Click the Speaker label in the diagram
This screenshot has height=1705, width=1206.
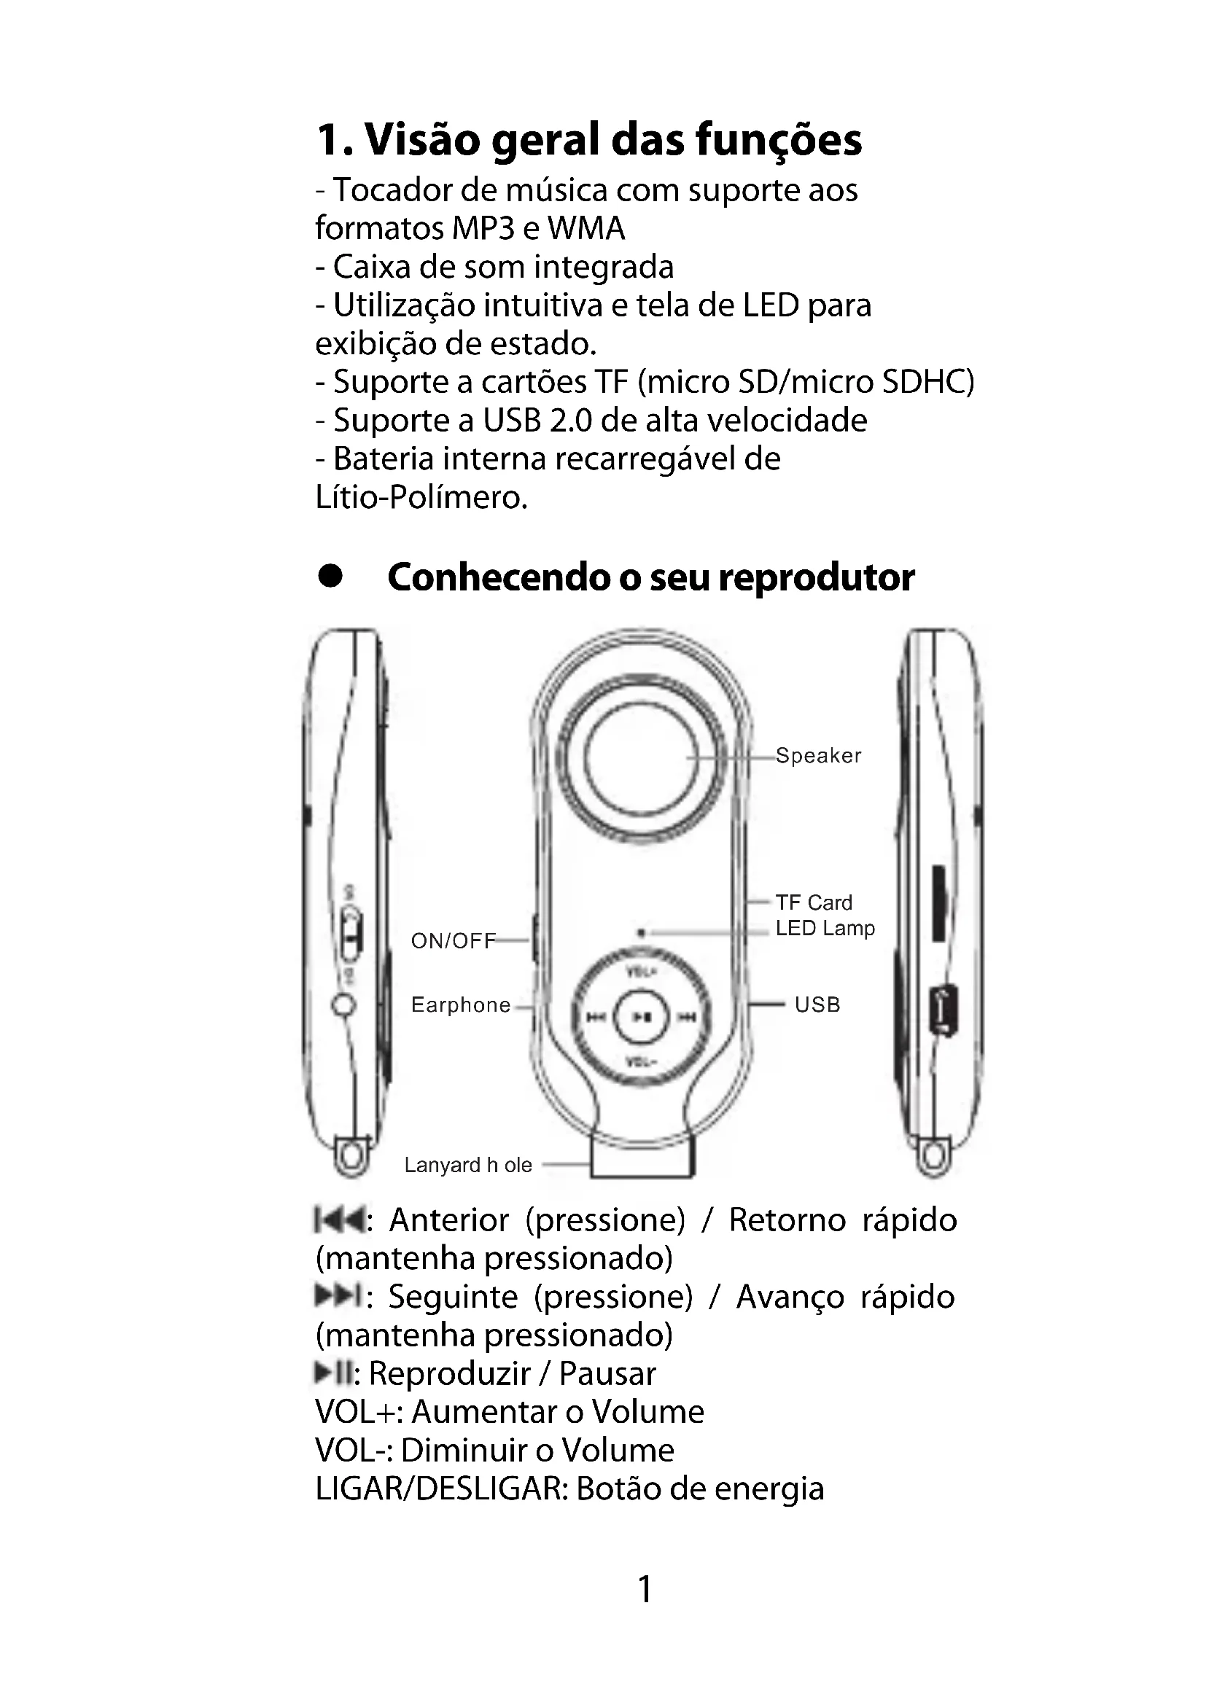click(817, 755)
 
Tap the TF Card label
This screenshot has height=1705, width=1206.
click(813, 902)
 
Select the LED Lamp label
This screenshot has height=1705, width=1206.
click(825, 928)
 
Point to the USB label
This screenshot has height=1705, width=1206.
click(817, 1004)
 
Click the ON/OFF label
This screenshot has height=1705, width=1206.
click(453, 941)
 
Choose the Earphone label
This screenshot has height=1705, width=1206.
click(460, 1004)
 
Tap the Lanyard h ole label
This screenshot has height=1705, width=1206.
click(468, 1165)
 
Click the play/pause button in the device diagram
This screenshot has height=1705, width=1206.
click(641, 1017)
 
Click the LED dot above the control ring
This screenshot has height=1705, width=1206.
click(641, 933)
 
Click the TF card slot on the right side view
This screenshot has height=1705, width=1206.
click(938, 902)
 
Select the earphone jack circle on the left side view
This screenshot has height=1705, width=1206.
click(343, 1005)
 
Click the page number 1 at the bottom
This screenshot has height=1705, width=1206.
click(645, 1589)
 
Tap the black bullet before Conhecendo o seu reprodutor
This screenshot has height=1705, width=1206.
click(330, 577)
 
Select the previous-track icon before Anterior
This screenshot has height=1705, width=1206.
click(338, 1220)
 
